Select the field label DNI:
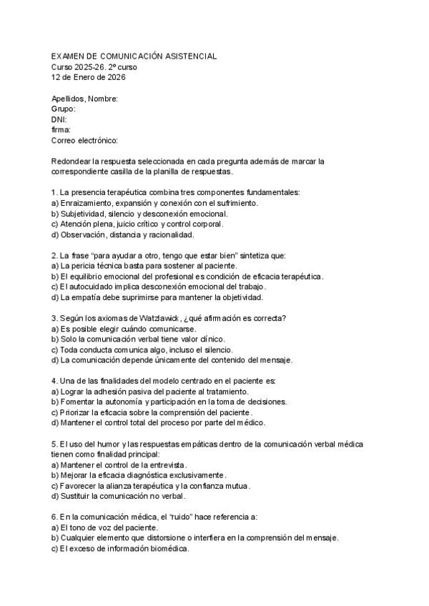click(x=59, y=120)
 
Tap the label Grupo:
click(x=64, y=109)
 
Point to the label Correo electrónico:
click(x=84, y=141)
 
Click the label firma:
click(x=61, y=130)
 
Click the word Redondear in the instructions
click(x=73, y=162)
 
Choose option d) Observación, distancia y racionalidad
click(x=127, y=234)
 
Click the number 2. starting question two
click(x=55, y=255)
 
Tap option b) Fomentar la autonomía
click(x=169, y=402)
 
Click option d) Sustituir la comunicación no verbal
click(x=118, y=496)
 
